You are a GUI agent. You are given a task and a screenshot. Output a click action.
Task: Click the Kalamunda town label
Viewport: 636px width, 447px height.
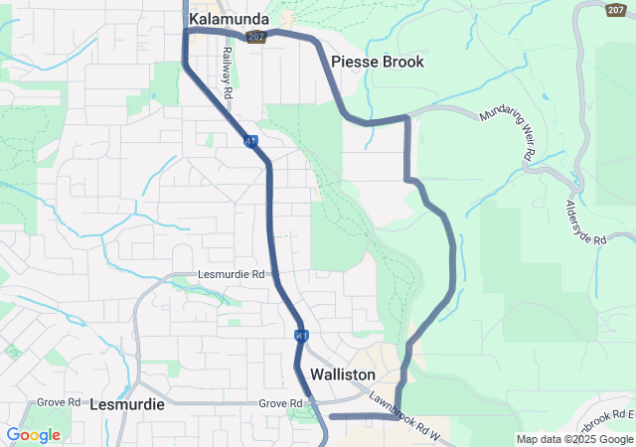(229, 18)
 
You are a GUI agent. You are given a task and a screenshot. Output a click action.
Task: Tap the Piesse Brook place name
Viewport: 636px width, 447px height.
(378, 62)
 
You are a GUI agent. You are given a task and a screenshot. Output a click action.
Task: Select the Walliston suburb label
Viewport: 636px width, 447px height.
(343, 374)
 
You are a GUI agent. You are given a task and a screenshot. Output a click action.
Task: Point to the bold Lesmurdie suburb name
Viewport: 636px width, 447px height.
(125, 405)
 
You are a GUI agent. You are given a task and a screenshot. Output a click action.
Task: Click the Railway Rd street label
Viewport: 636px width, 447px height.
(228, 72)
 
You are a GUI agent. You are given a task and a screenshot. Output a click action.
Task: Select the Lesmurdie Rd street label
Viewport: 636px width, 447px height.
(233, 274)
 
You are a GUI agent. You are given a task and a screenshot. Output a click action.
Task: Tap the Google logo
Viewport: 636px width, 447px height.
(33, 434)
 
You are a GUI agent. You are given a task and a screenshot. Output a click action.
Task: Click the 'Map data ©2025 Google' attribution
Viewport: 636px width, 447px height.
(574, 439)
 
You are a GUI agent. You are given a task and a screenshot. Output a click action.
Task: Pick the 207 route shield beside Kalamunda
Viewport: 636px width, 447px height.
(256, 36)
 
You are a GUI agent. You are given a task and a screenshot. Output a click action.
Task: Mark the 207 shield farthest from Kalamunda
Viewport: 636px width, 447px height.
(615, 9)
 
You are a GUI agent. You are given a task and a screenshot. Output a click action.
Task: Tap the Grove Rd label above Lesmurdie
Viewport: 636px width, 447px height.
(59, 402)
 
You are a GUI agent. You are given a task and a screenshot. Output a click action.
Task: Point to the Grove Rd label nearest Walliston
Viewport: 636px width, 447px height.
(279, 403)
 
